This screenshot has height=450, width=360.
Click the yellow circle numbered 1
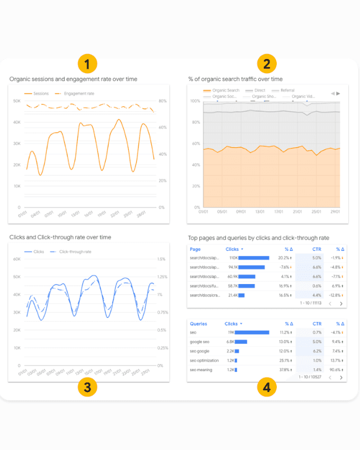click(x=88, y=63)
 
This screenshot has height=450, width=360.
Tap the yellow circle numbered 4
click(x=267, y=387)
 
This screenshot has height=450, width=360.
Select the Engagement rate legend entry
click(x=79, y=93)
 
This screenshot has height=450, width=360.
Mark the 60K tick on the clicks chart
click(x=16, y=259)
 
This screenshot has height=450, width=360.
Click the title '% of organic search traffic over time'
click(x=235, y=79)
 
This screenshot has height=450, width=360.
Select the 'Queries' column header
click(x=199, y=324)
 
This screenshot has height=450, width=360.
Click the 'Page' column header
click(x=195, y=249)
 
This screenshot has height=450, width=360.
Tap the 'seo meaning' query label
click(x=201, y=370)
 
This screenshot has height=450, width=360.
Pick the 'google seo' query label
click(x=200, y=341)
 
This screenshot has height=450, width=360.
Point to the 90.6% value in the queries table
click(x=336, y=370)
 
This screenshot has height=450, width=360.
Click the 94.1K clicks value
click(x=232, y=267)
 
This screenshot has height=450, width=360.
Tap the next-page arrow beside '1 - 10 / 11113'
click(x=340, y=303)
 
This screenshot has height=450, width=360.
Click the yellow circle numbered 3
click(x=88, y=387)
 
